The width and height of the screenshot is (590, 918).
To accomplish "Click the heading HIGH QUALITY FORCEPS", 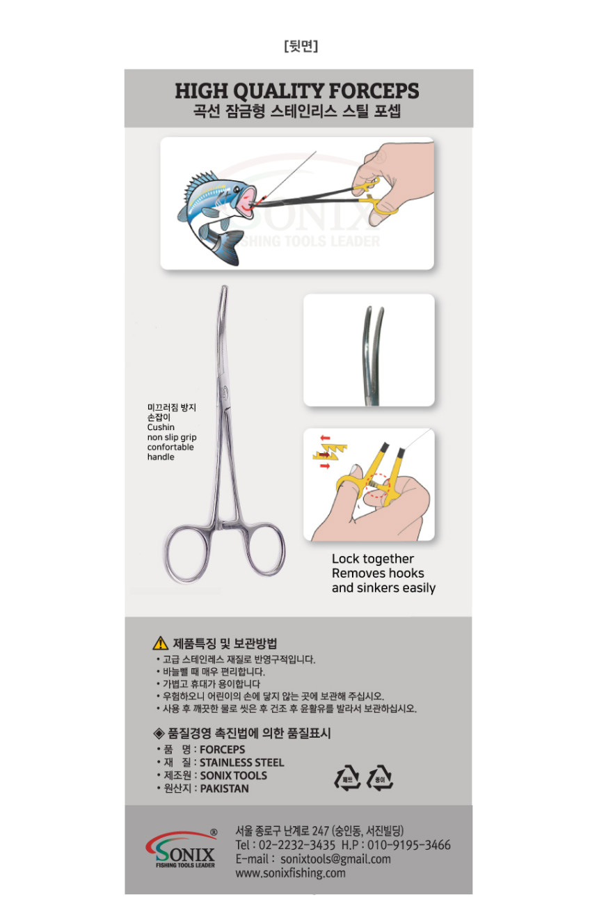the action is [296, 90].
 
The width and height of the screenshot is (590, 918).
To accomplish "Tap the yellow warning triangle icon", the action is [160, 643].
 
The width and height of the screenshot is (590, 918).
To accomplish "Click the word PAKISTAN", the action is [225, 789].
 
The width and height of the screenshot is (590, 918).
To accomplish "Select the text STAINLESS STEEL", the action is [241, 762].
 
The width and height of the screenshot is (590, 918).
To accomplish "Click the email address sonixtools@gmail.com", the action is [335, 859].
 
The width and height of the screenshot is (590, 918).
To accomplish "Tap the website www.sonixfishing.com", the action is [290, 873].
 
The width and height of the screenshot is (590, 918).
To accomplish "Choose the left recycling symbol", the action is [347, 778].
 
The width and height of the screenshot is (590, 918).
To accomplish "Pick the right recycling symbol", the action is [380, 778].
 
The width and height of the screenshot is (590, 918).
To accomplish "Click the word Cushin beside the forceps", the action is [161, 427].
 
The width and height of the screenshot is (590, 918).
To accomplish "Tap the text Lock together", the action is [372, 559].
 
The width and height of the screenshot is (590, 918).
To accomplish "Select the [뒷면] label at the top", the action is [301, 45].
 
